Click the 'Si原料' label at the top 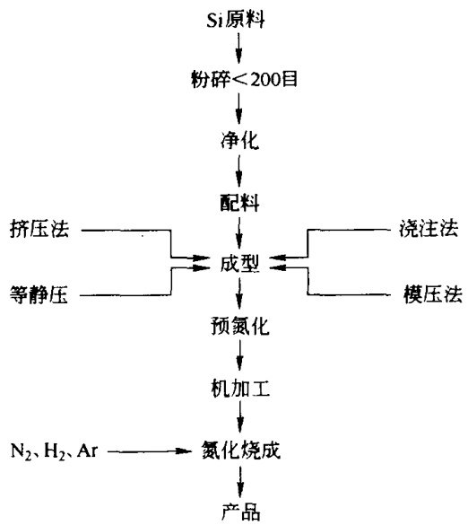pyautogui.click(x=236, y=20)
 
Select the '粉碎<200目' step pyautogui.click(x=244, y=79)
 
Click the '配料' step pyautogui.click(x=239, y=202)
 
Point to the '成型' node pyautogui.click(x=239, y=264)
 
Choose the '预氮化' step pyautogui.click(x=240, y=325)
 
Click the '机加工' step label pyautogui.click(x=240, y=389)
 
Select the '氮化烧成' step pyautogui.click(x=240, y=450)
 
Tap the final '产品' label pyautogui.click(x=240, y=512)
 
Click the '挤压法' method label pyautogui.click(x=39, y=229)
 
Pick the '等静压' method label pyautogui.click(x=39, y=294)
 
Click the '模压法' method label pyautogui.click(x=432, y=294)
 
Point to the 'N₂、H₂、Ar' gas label pyautogui.click(x=54, y=451)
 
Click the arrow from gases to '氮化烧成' pyautogui.click(x=150, y=451)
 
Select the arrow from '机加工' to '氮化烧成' pyautogui.click(x=240, y=416)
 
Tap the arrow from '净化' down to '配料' pyautogui.click(x=238, y=171)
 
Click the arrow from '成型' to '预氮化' pyautogui.click(x=239, y=293)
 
